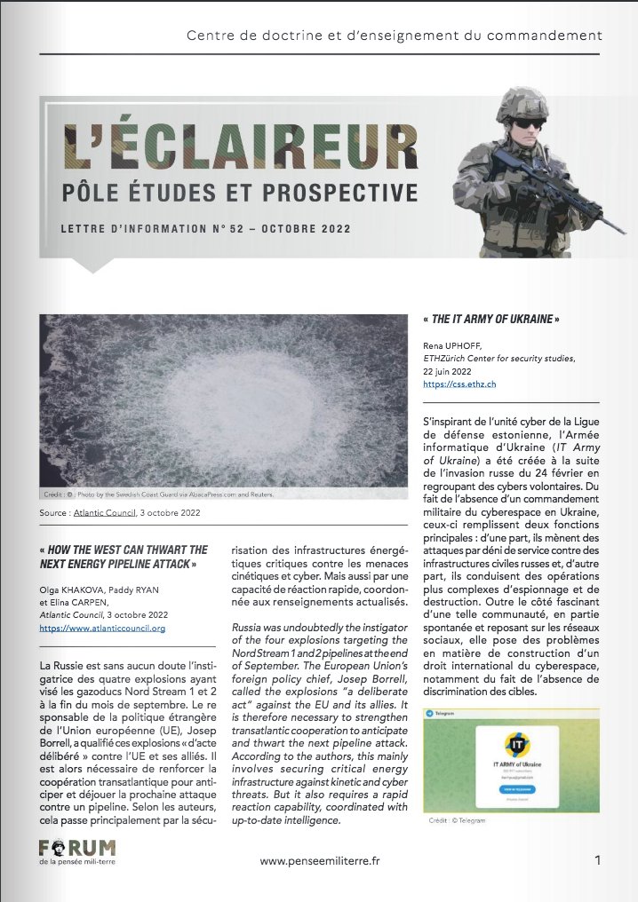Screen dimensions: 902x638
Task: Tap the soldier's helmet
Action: [x=513, y=99]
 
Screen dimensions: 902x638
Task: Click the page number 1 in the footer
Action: [x=598, y=860]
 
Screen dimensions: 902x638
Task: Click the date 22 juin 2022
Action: [x=451, y=372]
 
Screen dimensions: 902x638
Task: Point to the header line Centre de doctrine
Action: [x=395, y=36]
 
